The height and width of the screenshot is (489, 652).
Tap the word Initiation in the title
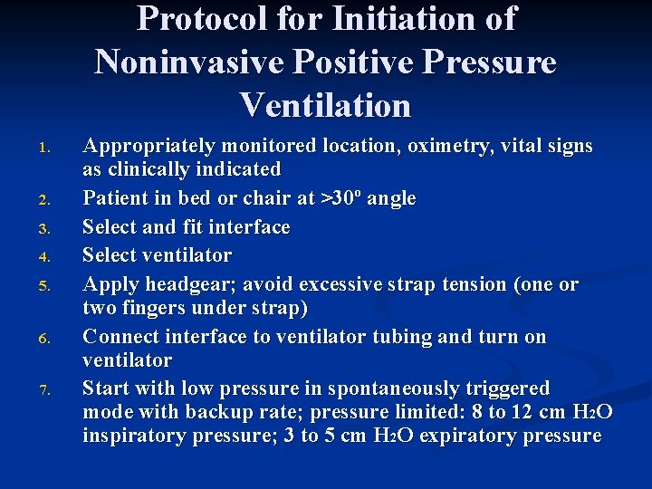(423, 19)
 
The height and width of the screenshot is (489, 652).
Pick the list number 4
(53, 257)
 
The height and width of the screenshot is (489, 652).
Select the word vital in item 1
(511, 146)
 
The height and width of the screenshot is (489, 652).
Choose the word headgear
(178, 284)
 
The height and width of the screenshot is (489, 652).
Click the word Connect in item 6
(120, 337)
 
